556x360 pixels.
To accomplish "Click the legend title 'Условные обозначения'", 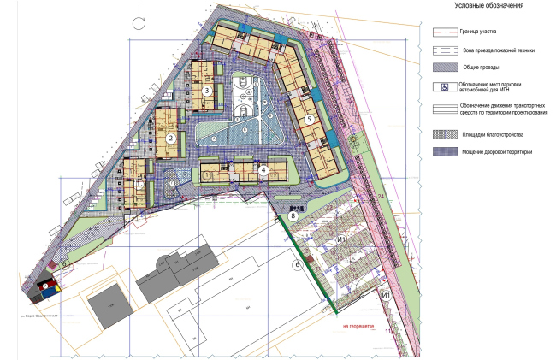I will [x=489, y=6].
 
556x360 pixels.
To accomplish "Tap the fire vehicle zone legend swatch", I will [x=445, y=50].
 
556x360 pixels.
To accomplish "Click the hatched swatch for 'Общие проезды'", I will [x=445, y=67].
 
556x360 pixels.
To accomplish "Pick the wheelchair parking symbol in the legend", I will [x=445, y=86].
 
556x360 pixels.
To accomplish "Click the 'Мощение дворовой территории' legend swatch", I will [x=445, y=152].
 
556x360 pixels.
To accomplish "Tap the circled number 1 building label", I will [x=140, y=183].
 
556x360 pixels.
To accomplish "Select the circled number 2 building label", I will [x=170, y=137].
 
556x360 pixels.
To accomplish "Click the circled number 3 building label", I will [x=207, y=90].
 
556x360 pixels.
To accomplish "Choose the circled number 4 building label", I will [x=263, y=169].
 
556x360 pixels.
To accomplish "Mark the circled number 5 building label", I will [x=310, y=119].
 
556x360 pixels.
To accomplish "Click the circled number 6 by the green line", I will [x=298, y=265].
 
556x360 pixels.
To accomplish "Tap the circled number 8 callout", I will [x=293, y=217].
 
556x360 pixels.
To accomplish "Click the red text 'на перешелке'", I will [x=358, y=326].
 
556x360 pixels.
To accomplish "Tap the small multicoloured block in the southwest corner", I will [x=43, y=289].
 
